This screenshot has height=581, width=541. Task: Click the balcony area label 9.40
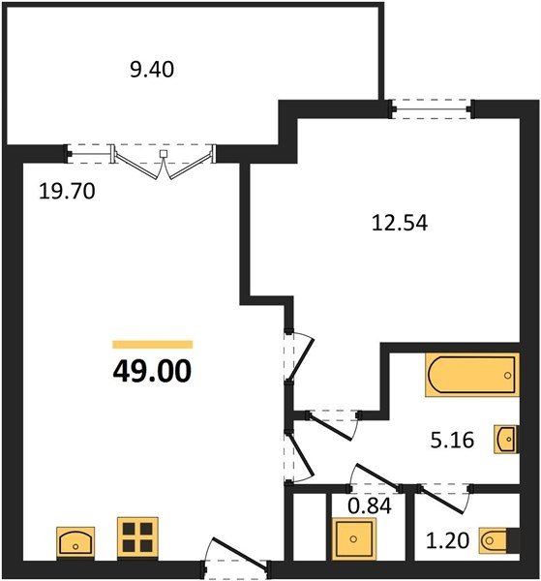point(152,70)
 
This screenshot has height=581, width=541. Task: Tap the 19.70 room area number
point(67,192)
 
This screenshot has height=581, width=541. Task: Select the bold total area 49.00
point(152,371)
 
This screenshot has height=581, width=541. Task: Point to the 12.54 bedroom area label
point(400,223)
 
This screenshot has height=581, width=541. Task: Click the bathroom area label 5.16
point(452,441)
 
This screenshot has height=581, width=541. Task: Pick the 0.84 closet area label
point(370,505)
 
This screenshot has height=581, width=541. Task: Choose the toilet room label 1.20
point(448,540)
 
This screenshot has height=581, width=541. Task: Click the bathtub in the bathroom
point(472,375)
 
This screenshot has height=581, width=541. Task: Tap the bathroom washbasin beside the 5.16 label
point(506,440)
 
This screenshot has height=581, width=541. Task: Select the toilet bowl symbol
point(495,540)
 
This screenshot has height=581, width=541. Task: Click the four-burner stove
point(137,537)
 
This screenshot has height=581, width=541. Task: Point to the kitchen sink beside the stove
point(75,542)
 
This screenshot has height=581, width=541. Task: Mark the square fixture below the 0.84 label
point(354,538)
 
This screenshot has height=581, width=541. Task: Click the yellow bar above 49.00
point(153,345)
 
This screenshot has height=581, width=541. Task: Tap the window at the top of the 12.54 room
point(432,108)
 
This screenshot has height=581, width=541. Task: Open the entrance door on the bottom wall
point(236,556)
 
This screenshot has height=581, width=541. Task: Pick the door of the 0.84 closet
point(374,478)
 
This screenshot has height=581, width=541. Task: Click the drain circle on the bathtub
point(507,376)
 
